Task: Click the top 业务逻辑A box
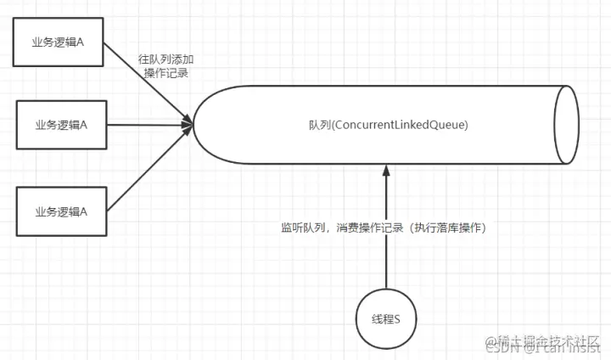point(61,39)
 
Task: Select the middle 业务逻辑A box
point(61,124)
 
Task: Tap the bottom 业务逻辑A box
point(61,210)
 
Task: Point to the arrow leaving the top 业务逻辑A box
point(149,83)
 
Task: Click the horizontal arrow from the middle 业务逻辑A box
point(149,125)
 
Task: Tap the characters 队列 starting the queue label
point(319,125)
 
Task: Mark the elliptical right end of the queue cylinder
point(566,125)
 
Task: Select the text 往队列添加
point(166,60)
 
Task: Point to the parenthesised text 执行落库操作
point(446,228)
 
